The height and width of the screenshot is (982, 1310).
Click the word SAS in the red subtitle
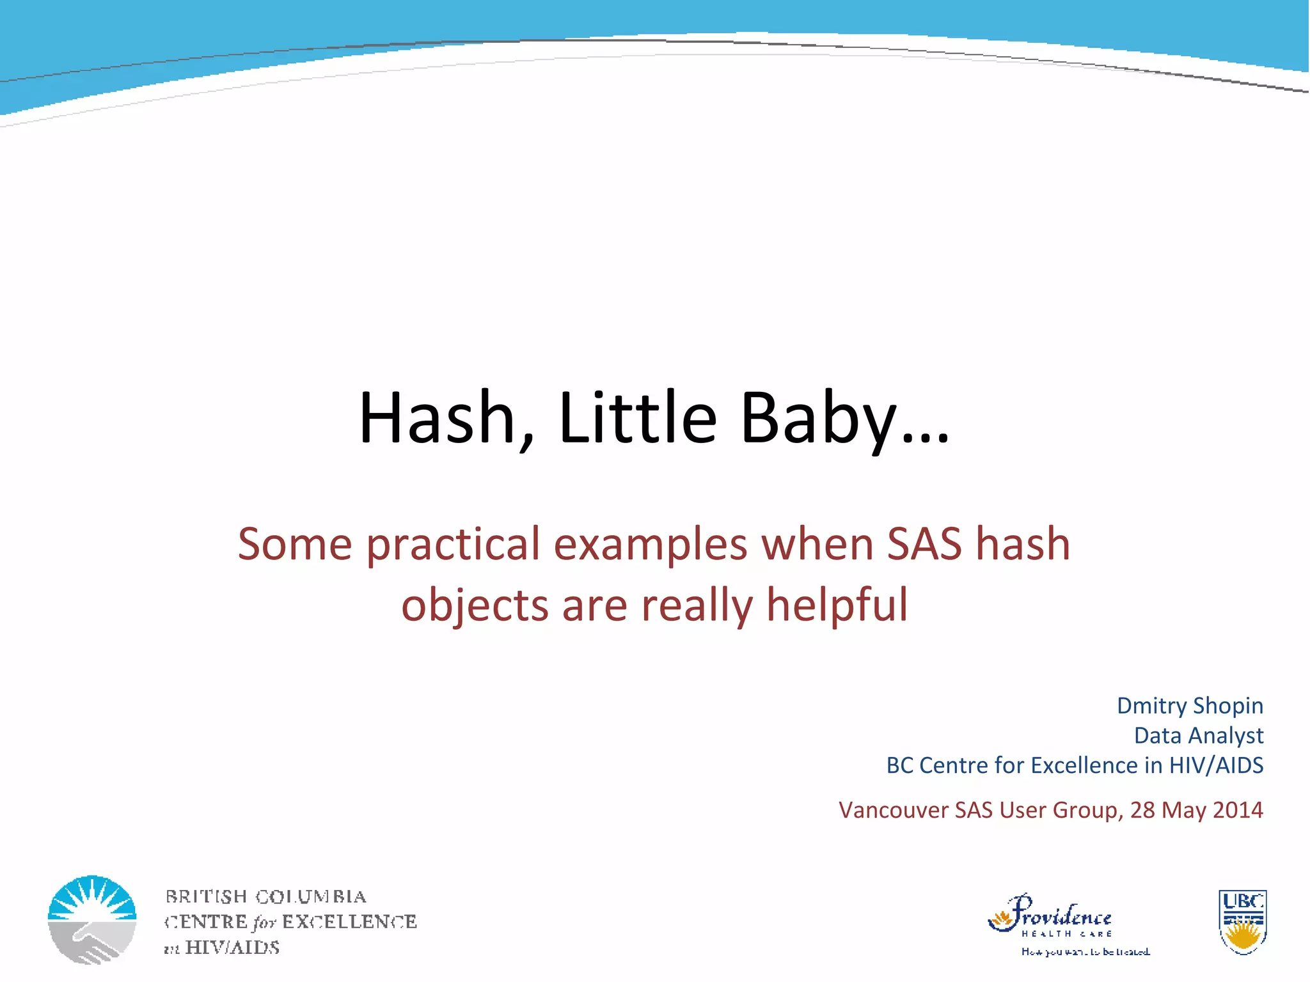(924, 543)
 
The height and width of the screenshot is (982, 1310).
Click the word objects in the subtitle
(475, 604)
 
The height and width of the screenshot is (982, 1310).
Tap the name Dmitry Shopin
(1190, 706)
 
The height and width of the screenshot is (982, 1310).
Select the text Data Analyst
(1198, 735)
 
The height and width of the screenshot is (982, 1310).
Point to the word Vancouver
(894, 810)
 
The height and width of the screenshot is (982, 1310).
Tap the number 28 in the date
(1142, 810)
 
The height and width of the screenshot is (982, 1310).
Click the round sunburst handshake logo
(92, 919)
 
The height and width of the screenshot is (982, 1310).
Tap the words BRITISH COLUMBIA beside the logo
(265, 896)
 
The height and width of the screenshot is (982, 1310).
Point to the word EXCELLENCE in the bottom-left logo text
(349, 922)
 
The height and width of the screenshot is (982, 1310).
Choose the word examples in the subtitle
(651, 543)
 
